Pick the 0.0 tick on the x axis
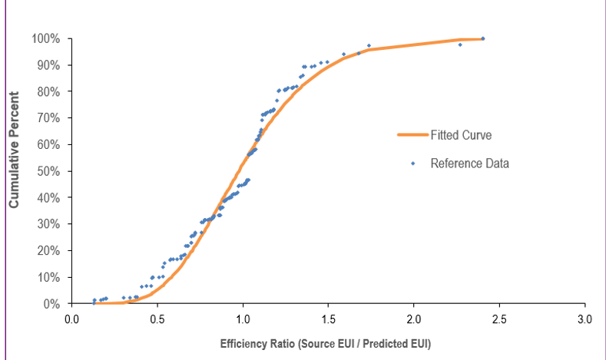click(x=71, y=319)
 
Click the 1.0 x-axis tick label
click(x=243, y=319)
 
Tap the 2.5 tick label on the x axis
click(x=500, y=319)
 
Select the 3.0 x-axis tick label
click(x=585, y=319)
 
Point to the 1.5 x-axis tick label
click(x=329, y=319)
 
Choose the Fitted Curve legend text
click(x=461, y=135)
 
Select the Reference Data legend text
click(x=469, y=163)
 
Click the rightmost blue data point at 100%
click(x=482, y=38)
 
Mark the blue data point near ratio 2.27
click(x=460, y=45)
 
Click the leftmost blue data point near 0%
click(x=94, y=302)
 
